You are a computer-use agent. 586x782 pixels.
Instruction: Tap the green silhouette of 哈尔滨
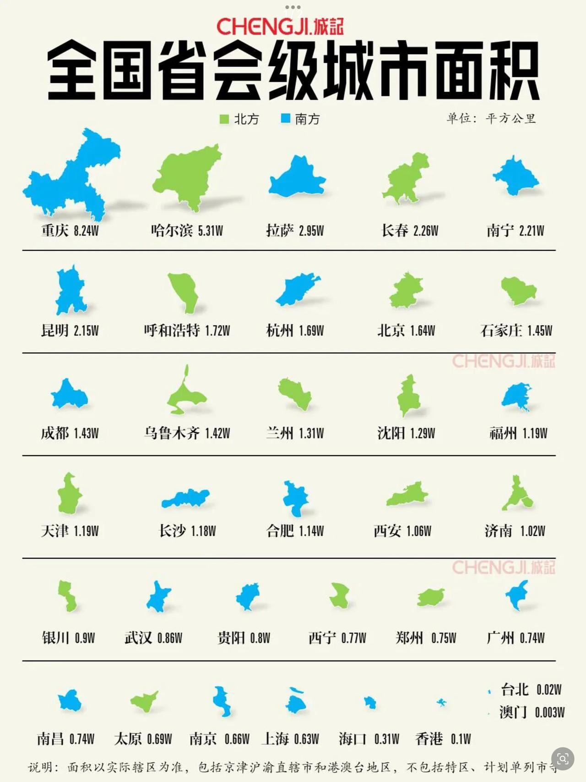pyautogui.click(x=188, y=174)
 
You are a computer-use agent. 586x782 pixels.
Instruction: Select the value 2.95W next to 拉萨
pyautogui.click(x=311, y=231)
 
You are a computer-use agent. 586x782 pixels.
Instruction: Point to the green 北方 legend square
pyautogui.click(x=224, y=119)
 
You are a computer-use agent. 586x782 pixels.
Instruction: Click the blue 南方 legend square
pyautogui.click(x=286, y=119)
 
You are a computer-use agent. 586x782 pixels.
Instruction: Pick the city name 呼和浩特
pyautogui.click(x=172, y=330)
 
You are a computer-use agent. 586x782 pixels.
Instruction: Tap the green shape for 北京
pyautogui.click(x=406, y=291)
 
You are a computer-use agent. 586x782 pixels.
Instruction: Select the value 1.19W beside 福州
pyautogui.click(x=535, y=433)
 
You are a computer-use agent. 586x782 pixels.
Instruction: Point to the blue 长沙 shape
pyautogui.click(x=185, y=498)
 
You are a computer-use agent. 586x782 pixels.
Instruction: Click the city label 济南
pyautogui.click(x=498, y=531)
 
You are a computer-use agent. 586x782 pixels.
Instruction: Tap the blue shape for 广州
pyautogui.click(x=517, y=595)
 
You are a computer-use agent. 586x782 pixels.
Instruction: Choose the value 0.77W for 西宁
pyautogui.click(x=353, y=638)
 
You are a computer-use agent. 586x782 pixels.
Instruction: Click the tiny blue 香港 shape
pyautogui.click(x=441, y=702)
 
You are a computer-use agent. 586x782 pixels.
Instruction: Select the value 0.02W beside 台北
pyautogui.click(x=549, y=689)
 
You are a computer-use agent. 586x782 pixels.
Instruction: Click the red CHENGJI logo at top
pyautogui.click(x=279, y=27)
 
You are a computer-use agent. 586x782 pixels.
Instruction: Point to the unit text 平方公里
pyautogui.click(x=510, y=119)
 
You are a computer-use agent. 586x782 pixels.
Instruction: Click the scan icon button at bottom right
pyautogui.click(x=563, y=759)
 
